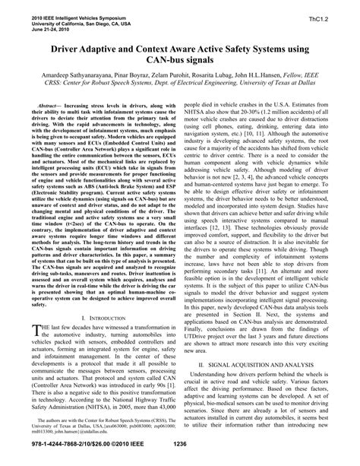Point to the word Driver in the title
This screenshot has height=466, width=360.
coord(68,47)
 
